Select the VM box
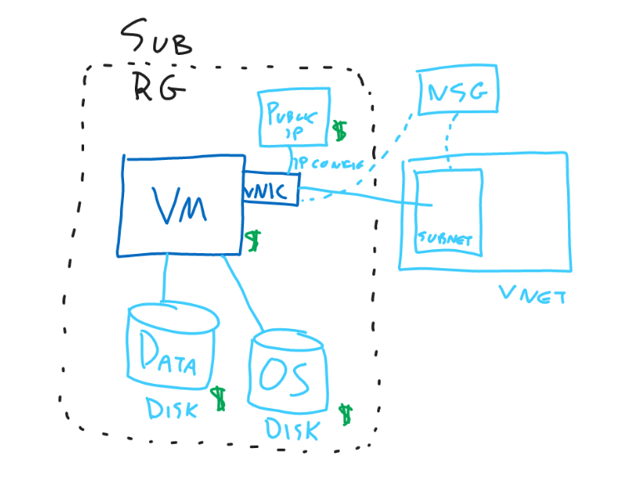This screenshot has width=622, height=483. click(183, 204)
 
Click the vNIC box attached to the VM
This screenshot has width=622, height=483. click(270, 192)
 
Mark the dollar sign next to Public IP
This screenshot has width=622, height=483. click(340, 132)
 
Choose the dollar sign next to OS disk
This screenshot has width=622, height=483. click(346, 414)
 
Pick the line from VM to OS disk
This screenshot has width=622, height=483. click(246, 291)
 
